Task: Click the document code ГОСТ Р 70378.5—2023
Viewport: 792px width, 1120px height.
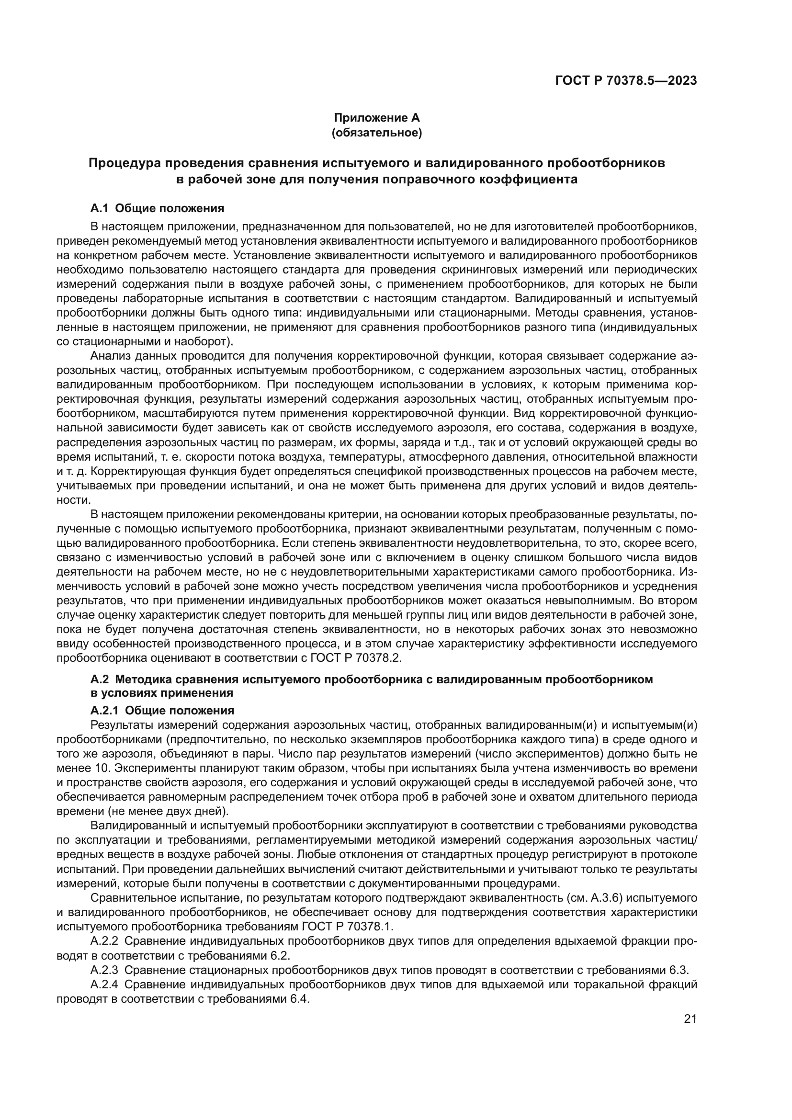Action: click(626, 80)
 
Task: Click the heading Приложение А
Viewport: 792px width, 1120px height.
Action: click(376, 118)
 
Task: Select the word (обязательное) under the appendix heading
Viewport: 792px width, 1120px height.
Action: click(376, 133)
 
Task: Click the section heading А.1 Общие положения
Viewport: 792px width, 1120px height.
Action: click(157, 208)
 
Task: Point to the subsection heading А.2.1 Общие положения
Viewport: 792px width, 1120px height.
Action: click(162, 710)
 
